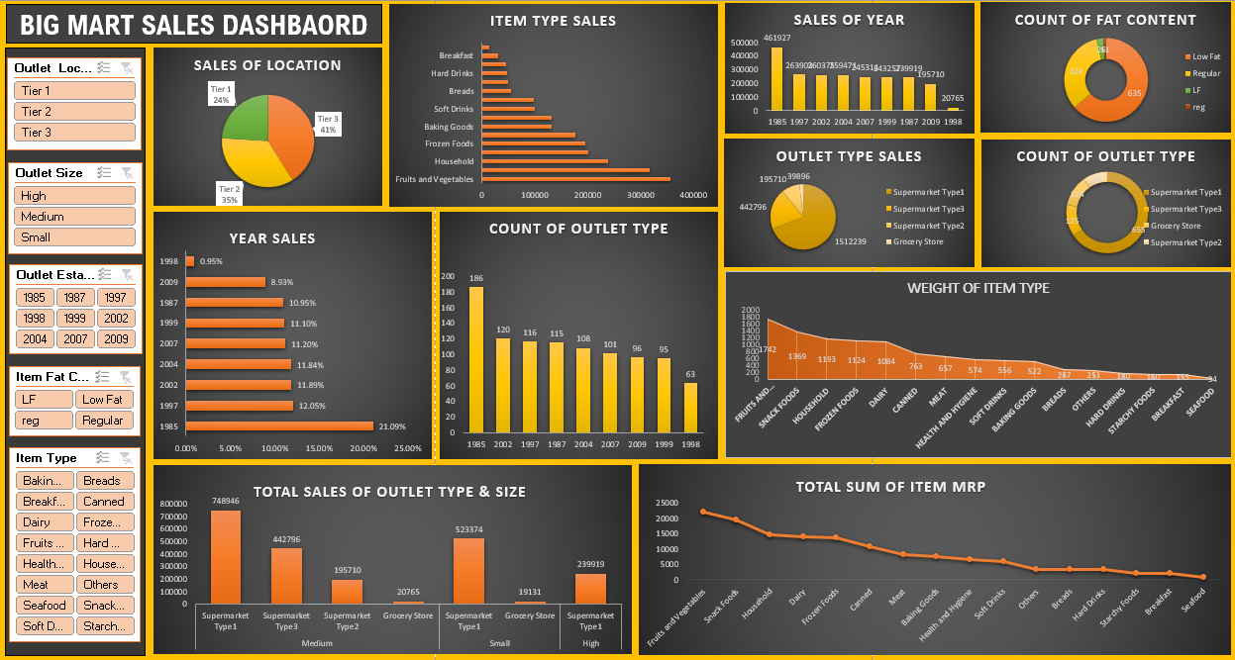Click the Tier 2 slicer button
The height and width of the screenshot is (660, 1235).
pos(75,111)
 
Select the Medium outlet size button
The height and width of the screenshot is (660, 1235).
pos(75,216)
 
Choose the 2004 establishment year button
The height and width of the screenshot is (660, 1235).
pos(35,338)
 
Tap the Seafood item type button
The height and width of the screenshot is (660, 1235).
pos(45,605)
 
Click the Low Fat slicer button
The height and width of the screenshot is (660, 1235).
pos(103,399)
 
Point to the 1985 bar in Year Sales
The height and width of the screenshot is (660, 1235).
pos(279,426)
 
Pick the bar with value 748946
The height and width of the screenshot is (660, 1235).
pos(226,556)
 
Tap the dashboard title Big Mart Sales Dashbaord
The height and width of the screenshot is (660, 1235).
pos(194,25)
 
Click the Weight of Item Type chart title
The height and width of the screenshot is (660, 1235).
pos(978,288)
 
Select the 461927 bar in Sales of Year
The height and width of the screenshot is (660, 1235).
pos(776,78)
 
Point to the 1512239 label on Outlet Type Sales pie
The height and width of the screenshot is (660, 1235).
pos(851,240)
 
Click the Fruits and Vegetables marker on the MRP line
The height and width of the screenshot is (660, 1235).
pos(703,512)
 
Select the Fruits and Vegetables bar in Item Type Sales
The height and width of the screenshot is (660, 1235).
pos(575,179)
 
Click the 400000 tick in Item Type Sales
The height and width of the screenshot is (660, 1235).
pos(692,195)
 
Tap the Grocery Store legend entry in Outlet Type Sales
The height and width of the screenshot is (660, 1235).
pos(917,241)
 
